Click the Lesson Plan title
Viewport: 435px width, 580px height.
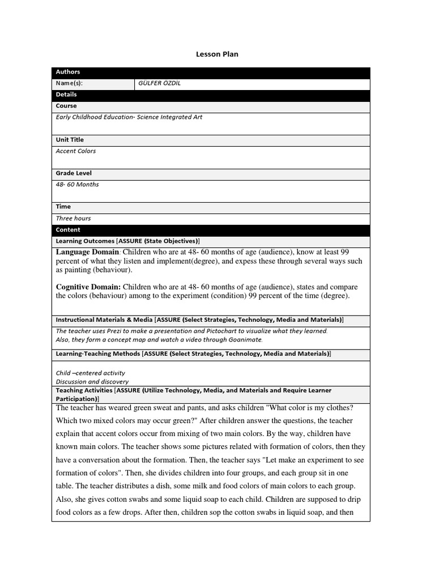click(x=217, y=54)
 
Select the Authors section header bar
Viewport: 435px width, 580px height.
click(x=211, y=72)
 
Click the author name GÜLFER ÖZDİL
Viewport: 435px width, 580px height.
click(x=160, y=84)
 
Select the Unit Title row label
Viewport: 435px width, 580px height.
click(x=70, y=140)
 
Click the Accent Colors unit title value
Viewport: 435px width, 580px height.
click(x=76, y=151)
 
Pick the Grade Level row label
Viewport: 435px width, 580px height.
click(x=74, y=173)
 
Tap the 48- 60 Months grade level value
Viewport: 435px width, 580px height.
click(x=77, y=185)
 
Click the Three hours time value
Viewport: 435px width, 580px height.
click(x=73, y=219)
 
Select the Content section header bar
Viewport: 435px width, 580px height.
click(x=211, y=230)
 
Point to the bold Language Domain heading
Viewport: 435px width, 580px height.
click(x=87, y=252)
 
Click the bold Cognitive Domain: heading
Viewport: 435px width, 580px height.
click(x=88, y=287)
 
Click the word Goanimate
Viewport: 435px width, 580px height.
click(x=245, y=340)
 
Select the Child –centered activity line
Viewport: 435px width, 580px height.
click(x=91, y=373)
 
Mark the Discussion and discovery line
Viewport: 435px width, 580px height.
click(x=92, y=382)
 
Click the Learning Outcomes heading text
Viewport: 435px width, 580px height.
click(x=85, y=241)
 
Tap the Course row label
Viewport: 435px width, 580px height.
click(x=66, y=106)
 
